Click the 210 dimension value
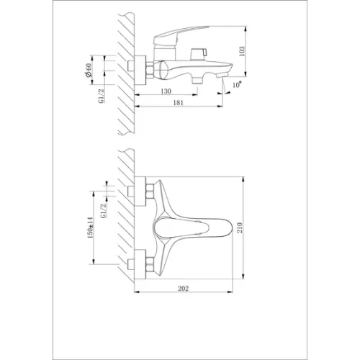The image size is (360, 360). (x=247, y=229)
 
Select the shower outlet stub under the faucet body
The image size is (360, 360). (x=197, y=76)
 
